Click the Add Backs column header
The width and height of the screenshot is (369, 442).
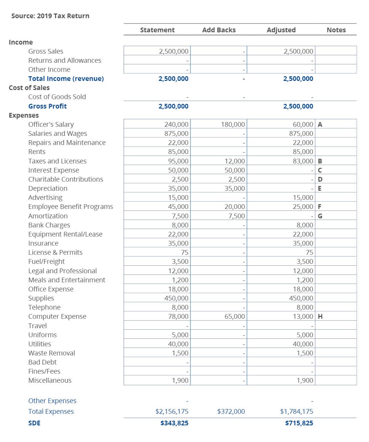point(219,30)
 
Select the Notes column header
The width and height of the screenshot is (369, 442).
point(336,30)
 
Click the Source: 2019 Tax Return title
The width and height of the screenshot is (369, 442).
point(50,16)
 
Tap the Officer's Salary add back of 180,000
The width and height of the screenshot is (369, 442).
point(233,125)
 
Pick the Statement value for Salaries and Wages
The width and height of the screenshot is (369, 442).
point(176,134)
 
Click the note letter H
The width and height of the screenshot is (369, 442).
point(320,317)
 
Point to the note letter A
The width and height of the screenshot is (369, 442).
point(320,125)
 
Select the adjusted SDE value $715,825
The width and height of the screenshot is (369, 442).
point(299,423)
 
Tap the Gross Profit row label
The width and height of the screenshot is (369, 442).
point(47,106)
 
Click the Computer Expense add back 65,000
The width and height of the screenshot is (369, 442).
point(234,317)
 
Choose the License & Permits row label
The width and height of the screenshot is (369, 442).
point(55,253)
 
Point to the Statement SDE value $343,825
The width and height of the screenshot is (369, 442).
point(174,423)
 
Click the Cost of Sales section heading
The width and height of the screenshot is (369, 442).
point(29,88)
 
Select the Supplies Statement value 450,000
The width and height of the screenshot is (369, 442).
point(176,298)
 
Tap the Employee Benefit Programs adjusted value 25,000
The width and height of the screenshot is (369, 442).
point(303,207)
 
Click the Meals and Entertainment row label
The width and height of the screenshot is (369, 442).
point(67,280)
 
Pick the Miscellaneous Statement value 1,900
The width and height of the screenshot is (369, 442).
point(180,381)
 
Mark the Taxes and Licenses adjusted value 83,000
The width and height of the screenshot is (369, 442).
point(303,161)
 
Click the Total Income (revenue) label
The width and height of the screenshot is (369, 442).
point(66,79)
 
